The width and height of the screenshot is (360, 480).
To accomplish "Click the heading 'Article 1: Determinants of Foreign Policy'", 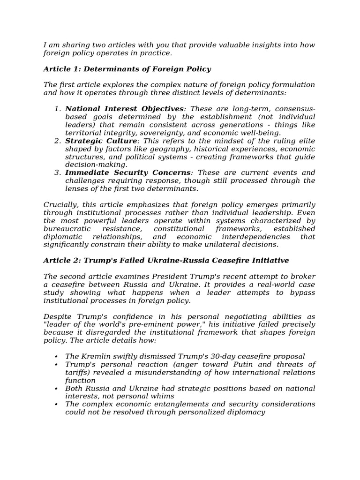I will coord(127,69).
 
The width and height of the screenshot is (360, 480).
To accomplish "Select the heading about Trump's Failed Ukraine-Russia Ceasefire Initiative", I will coord(166,260).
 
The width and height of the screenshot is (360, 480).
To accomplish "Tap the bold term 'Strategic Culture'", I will coord(101,141).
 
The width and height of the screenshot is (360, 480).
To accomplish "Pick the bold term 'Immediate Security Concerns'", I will coord(127,172).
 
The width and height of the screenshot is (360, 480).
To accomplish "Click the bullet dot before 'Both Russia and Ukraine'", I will coord(57,389).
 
